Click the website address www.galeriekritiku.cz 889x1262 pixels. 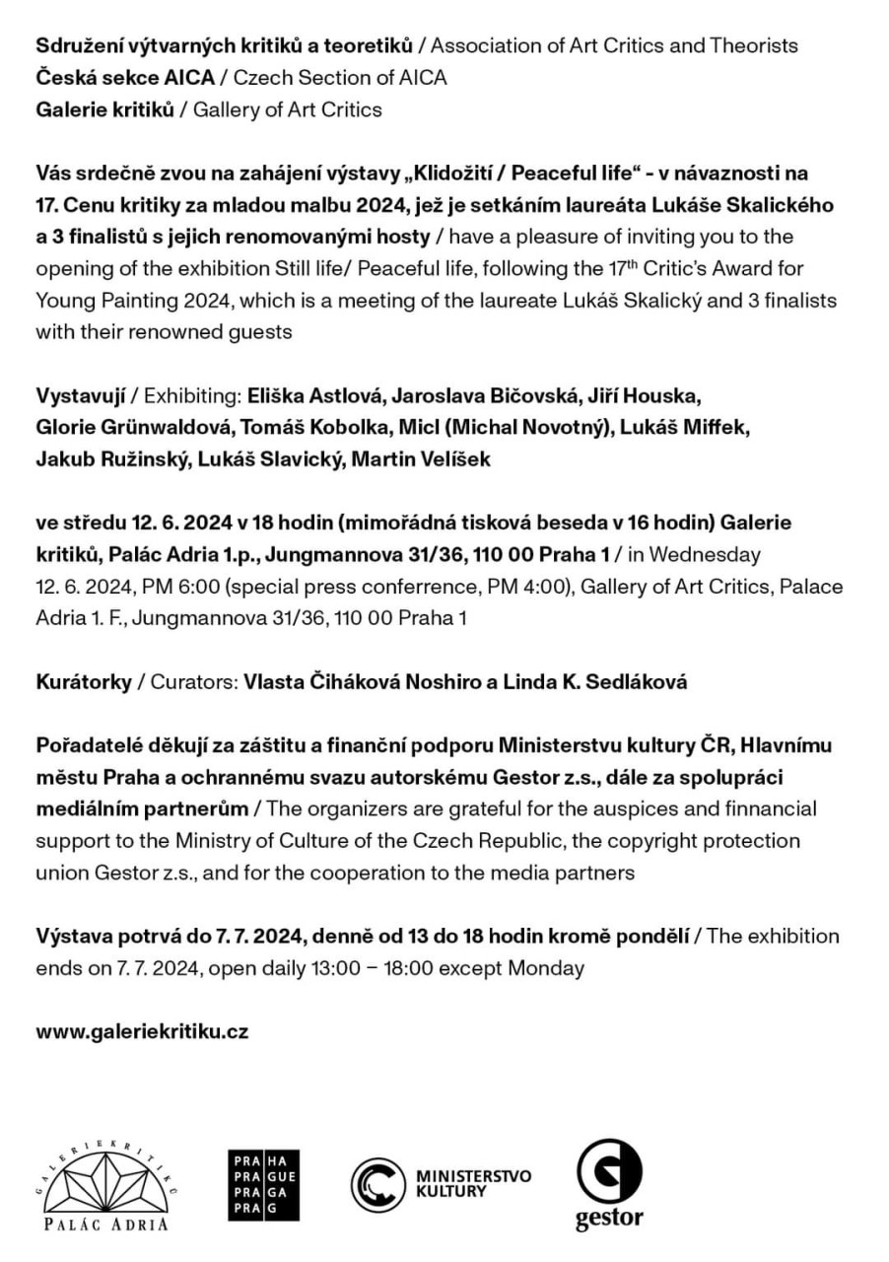[142, 1032]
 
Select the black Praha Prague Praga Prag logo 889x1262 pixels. [263, 1186]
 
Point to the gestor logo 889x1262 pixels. [609, 1185]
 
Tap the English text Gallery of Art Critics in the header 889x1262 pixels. [287, 109]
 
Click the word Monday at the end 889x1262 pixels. [546, 968]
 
